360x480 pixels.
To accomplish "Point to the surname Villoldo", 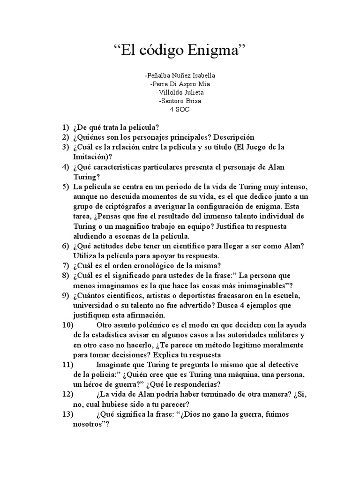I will [x=171, y=92].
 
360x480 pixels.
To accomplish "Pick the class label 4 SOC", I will [x=180, y=109].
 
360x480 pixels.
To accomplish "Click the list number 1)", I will [x=65, y=127].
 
